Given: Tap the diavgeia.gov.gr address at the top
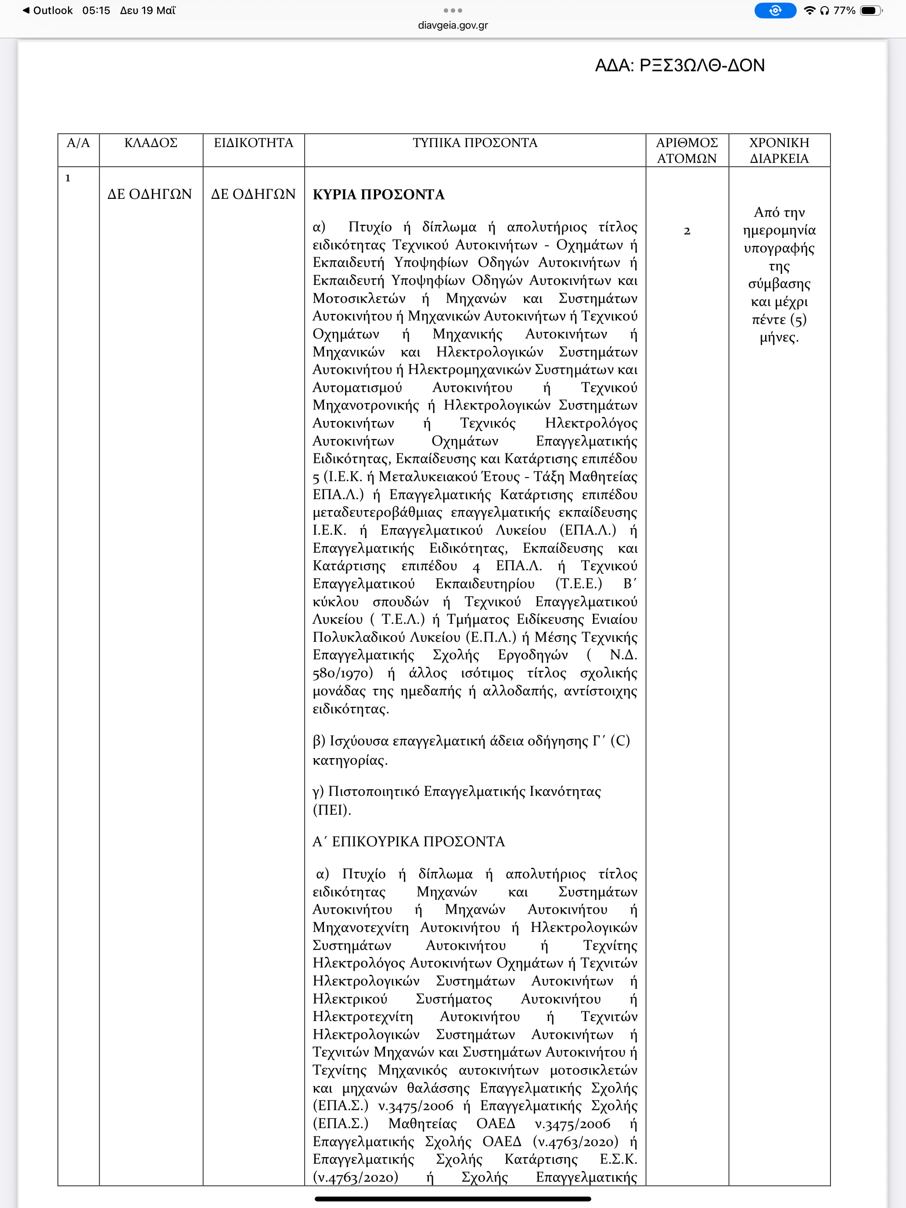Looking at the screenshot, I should [453, 25].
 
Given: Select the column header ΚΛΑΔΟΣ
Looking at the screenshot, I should [151, 143].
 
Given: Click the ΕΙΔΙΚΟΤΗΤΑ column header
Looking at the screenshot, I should [253, 143].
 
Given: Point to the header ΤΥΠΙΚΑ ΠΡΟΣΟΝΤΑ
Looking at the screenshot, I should [475, 143].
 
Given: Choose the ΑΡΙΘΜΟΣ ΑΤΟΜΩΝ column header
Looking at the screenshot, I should [687, 151].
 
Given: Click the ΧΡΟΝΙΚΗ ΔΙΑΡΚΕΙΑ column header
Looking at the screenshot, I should [779, 151].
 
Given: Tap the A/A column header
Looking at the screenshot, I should [78, 143].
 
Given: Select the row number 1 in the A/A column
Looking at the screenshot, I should [68, 178].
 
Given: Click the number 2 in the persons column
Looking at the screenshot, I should [687, 231].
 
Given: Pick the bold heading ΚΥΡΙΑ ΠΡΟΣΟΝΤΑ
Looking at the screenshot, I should [378, 194].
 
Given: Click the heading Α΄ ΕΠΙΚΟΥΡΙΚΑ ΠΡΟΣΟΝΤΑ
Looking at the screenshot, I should [409, 841].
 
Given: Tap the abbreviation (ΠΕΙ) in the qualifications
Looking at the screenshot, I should [331, 810].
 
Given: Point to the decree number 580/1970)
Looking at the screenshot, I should [342, 673].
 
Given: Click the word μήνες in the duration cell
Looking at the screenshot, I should [779, 338].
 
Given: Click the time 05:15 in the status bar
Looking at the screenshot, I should [96, 11].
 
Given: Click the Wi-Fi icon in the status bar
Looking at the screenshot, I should [809, 11].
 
